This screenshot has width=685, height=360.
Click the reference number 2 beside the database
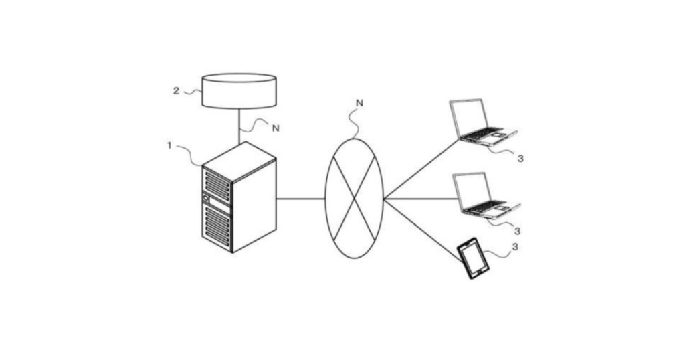(x=176, y=91)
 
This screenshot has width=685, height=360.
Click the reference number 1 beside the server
(x=169, y=145)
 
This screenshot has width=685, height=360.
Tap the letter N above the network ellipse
(x=359, y=103)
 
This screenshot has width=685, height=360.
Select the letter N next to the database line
(x=275, y=128)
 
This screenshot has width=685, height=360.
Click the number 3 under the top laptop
(x=520, y=158)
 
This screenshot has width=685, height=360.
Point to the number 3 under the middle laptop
(x=517, y=231)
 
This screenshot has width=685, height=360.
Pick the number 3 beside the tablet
(x=515, y=247)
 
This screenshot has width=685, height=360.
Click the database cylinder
(x=239, y=91)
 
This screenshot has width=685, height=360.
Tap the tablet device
(x=473, y=258)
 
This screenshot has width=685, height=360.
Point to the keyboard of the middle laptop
(x=488, y=207)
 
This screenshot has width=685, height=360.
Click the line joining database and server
(x=239, y=126)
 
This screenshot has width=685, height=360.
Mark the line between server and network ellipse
(x=301, y=199)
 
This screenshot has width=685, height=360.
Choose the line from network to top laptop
(x=421, y=169)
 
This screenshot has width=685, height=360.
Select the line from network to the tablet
(x=422, y=230)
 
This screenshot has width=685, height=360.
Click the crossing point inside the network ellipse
(x=355, y=198)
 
